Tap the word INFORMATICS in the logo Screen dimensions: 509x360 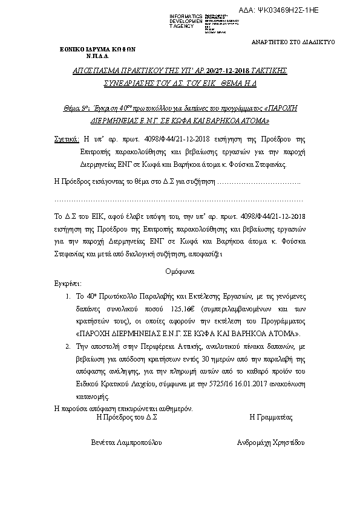pyautogui.click(x=186, y=15)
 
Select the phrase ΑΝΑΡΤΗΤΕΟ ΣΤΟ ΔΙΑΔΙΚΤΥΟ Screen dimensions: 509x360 pyautogui.click(x=292, y=42)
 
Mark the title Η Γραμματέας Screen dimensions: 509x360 pyautogui.click(x=271, y=417)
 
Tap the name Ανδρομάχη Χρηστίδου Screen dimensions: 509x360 pyautogui.click(x=272, y=442)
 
